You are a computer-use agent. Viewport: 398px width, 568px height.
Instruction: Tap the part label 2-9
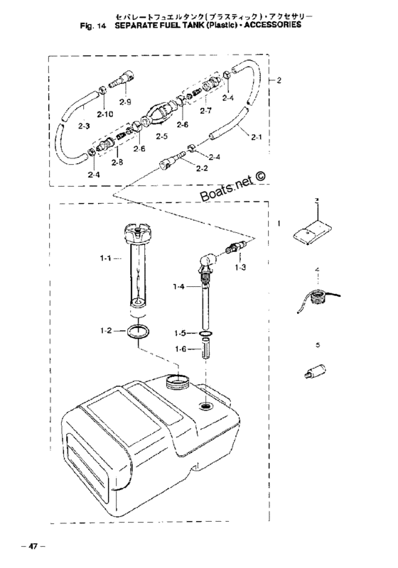(125, 103)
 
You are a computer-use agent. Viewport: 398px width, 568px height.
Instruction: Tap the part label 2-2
(201, 168)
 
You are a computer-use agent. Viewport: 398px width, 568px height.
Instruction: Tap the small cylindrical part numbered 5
(313, 373)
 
